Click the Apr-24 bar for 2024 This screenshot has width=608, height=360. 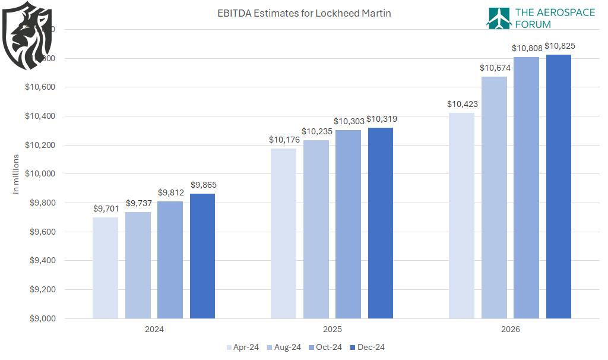[105, 268]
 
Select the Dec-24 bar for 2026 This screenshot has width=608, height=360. [559, 187]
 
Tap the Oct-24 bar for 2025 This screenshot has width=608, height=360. [348, 224]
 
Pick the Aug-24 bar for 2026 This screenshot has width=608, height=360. [494, 197]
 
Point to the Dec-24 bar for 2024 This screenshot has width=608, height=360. [202, 256]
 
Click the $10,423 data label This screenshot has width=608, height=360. [462, 104]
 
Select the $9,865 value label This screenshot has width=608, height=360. [203, 185]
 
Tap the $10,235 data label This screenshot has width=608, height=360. [316, 131]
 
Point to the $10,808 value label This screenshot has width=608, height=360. [527, 48]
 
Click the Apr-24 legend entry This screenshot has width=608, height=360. [242, 347]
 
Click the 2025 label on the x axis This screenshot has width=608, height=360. [332, 329]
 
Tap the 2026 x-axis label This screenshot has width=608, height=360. [510, 329]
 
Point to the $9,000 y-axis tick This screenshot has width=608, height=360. [41, 318]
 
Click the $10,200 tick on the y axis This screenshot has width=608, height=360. [39, 145]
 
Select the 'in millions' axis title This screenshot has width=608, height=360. [16, 173]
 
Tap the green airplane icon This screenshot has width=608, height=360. [499, 18]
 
